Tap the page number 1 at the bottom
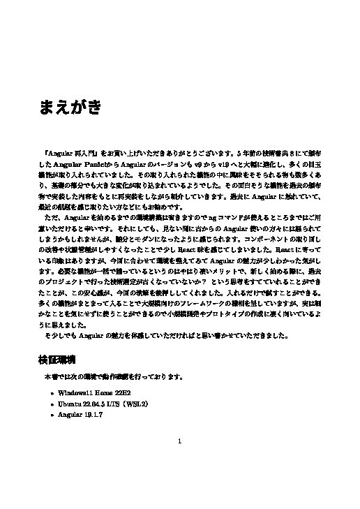180,441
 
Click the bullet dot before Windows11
52,394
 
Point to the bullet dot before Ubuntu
52,404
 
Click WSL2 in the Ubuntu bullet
137,404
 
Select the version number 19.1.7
92,415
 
